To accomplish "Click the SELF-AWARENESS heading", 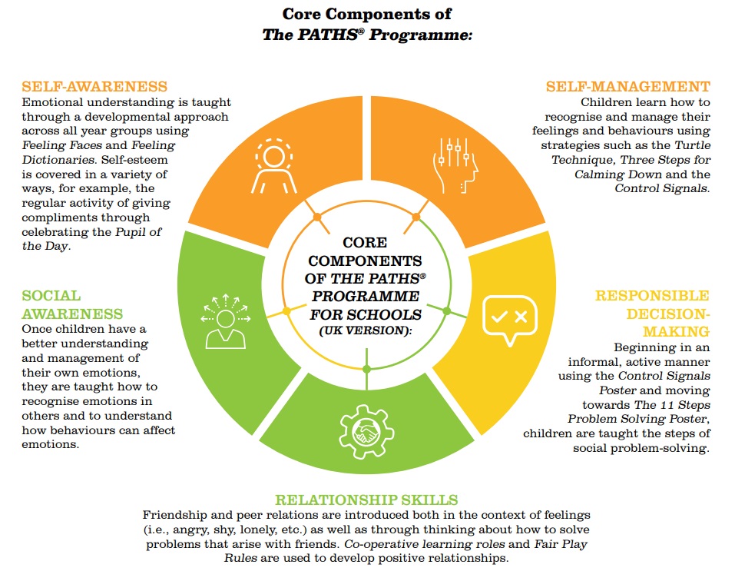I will [94, 86].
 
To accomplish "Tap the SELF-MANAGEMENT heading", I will [627, 86].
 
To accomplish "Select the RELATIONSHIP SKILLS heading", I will [366, 500].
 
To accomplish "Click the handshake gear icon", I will [366, 430].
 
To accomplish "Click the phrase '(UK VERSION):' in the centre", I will [366, 330].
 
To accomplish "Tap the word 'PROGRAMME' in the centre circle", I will [366, 296].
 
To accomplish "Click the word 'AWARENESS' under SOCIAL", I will [72, 314].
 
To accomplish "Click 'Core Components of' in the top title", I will [366, 14].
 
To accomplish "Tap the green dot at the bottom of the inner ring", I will [366, 370].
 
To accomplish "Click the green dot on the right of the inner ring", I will [446, 310].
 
